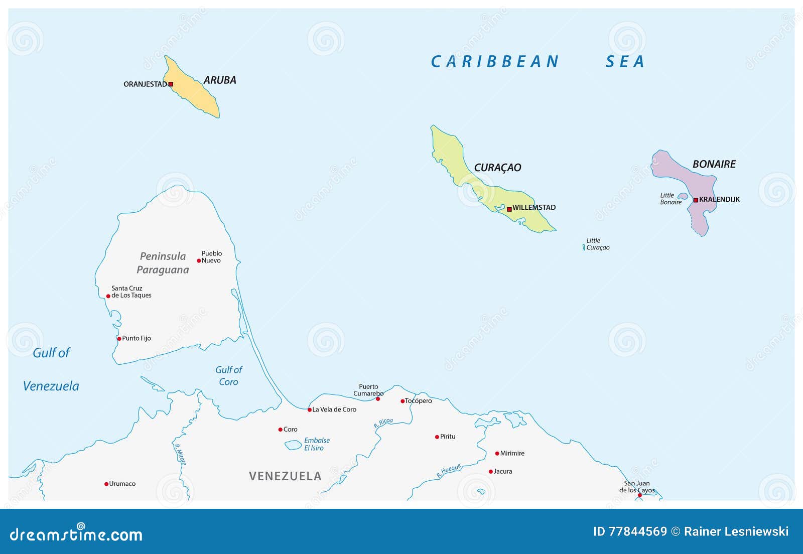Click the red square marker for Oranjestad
[x=171, y=84]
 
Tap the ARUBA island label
[x=220, y=80]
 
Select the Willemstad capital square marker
[x=509, y=209]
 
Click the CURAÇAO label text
[x=497, y=168]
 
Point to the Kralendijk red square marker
[x=696, y=200]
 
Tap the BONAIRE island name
[x=714, y=164]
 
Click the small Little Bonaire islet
[x=683, y=196]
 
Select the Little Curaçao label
[x=598, y=244]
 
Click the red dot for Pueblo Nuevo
[x=199, y=260]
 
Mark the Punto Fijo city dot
[x=119, y=339]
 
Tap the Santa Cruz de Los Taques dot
[x=108, y=296]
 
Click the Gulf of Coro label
[x=228, y=375]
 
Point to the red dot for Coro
[x=280, y=430]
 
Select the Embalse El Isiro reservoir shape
[x=293, y=445]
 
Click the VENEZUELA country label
[x=285, y=476]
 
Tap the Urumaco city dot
[x=106, y=484]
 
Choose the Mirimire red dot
[x=497, y=453]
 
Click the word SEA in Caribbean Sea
[x=624, y=62]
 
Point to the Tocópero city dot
[x=402, y=401]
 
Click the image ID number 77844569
[x=637, y=531]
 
